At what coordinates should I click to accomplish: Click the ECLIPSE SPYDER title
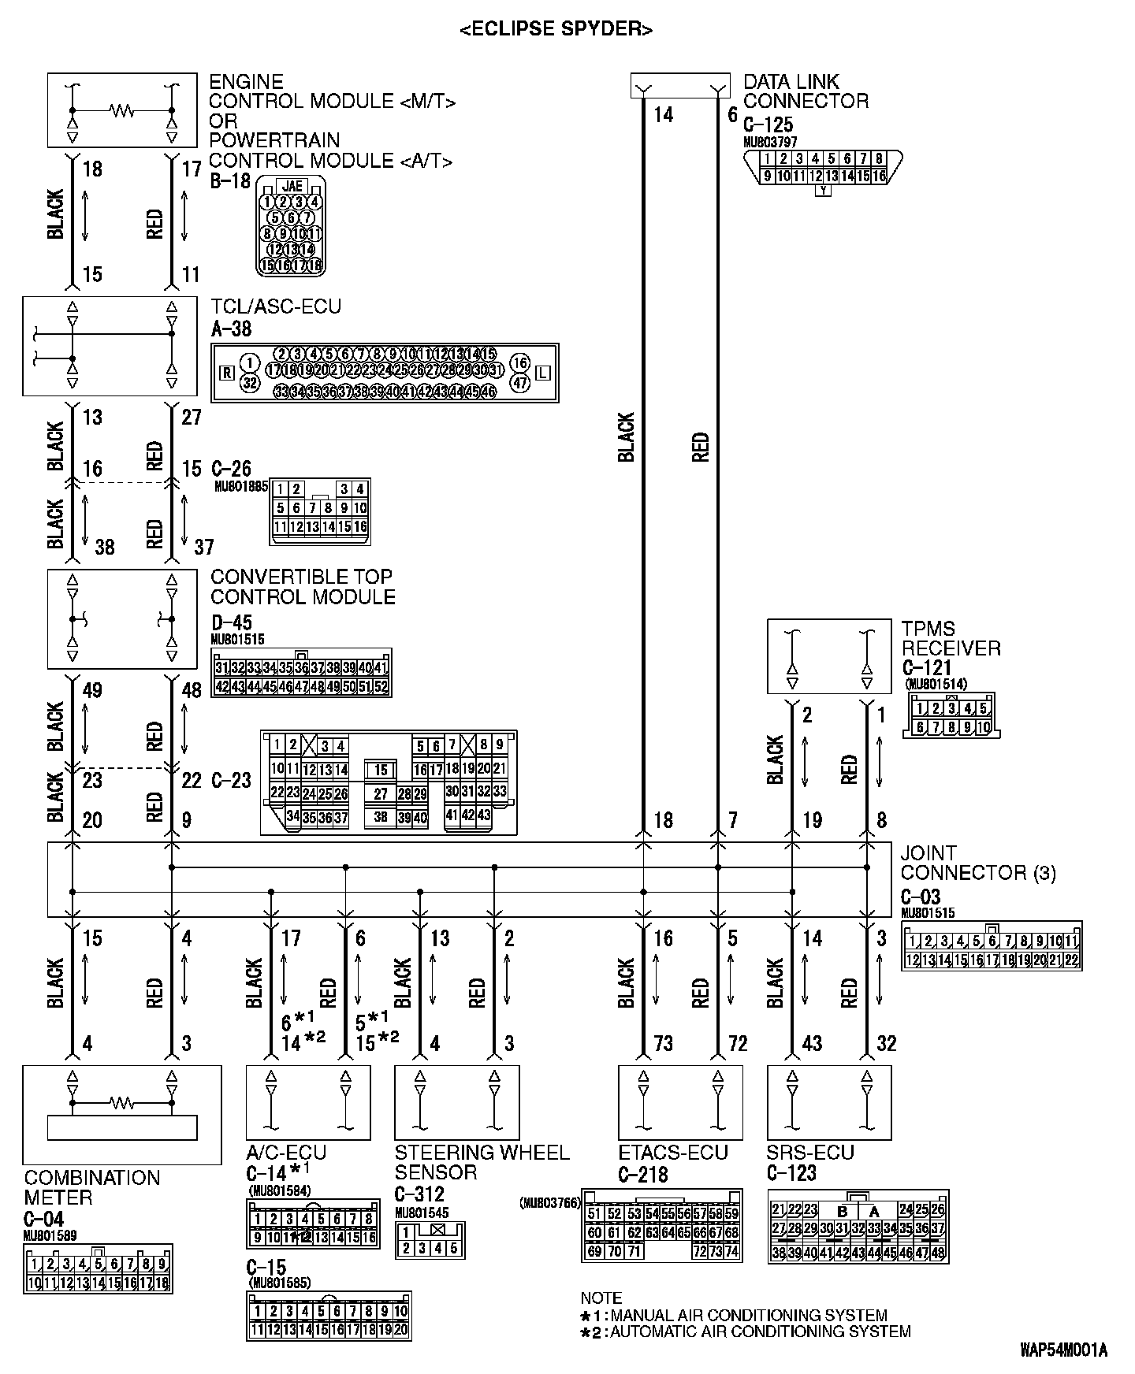click(x=556, y=30)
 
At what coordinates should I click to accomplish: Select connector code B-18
click(x=229, y=181)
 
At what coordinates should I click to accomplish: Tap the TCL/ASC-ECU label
click(x=276, y=306)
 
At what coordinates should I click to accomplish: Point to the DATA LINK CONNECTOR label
click(x=806, y=91)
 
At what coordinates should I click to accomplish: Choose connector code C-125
click(x=768, y=124)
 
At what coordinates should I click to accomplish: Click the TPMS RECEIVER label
click(x=951, y=639)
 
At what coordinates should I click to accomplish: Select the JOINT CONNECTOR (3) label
click(x=977, y=863)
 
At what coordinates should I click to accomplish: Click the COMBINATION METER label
click(x=91, y=1187)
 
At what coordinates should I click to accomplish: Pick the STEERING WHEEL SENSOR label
click(x=482, y=1162)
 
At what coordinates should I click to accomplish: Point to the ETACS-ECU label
click(x=673, y=1153)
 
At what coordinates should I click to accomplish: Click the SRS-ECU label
click(x=810, y=1153)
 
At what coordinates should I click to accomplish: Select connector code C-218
click(x=643, y=1175)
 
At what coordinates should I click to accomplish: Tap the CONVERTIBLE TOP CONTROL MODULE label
click(x=303, y=587)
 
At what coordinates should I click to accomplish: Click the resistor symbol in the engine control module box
click(x=122, y=110)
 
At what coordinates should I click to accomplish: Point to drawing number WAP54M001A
click(x=1063, y=1350)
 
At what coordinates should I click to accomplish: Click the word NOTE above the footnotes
click(x=601, y=1298)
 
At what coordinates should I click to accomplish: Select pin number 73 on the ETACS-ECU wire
click(x=664, y=1044)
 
